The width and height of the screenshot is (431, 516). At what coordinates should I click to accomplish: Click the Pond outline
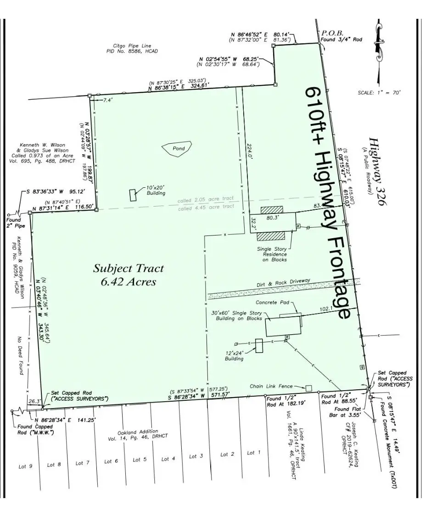pos(177,149)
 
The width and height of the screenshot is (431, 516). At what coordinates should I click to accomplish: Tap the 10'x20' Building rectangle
pos(133,195)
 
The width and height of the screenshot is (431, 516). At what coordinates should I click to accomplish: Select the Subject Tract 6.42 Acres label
pos(129,275)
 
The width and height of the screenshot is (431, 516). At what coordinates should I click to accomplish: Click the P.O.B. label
pos(332,33)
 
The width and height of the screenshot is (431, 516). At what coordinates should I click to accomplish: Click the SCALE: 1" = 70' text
pos(379,92)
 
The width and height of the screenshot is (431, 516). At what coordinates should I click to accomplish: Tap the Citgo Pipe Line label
pos(132,49)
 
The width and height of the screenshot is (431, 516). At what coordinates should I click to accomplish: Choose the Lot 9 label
pos(25,466)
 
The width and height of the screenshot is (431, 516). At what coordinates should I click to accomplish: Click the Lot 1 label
pos(253,453)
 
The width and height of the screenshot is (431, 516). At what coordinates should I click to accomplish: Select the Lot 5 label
pos(140,460)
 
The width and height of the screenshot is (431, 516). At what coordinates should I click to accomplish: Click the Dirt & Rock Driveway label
pos(283,283)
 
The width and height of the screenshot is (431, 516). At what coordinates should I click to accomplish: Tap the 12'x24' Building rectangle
pos(259,346)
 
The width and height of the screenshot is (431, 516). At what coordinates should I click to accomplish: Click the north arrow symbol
pos(379,43)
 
